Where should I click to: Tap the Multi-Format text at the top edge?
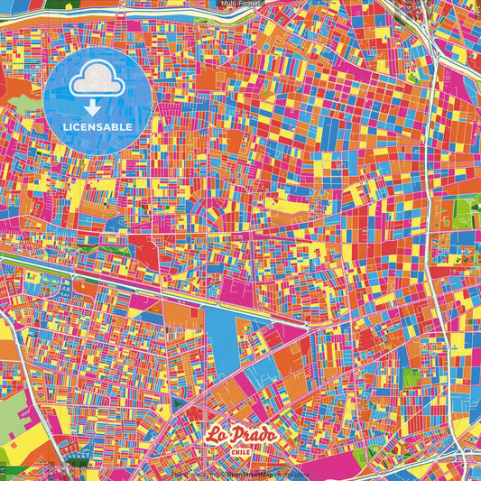[240, 4]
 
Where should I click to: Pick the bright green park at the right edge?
[464, 212]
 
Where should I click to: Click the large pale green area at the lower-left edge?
[11, 415]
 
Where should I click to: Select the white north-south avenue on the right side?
[438, 226]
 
